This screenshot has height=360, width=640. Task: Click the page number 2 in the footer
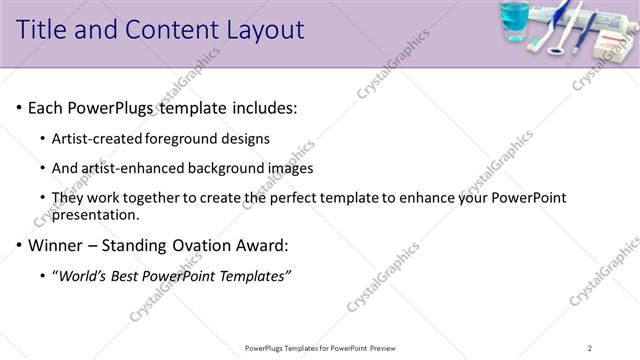[x=590, y=347]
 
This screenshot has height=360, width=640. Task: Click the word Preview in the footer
[x=387, y=347]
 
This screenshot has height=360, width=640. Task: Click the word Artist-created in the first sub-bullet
[x=98, y=138]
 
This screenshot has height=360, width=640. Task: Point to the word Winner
[x=56, y=245]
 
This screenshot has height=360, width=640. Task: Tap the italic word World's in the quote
[x=85, y=275]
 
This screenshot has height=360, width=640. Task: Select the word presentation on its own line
[x=96, y=214]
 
